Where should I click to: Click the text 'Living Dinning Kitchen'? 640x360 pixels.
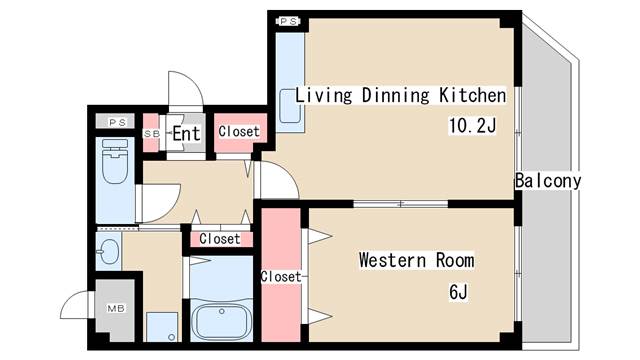click(x=400, y=96)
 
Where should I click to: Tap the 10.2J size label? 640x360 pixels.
click(x=472, y=126)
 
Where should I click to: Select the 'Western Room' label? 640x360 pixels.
click(x=417, y=261)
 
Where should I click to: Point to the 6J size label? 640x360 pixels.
click(x=458, y=292)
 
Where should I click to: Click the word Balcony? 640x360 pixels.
click(x=547, y=181)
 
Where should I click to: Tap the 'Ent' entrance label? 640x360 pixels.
click(x=186, y=133)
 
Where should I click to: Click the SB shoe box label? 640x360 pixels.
click(x=152, y=133)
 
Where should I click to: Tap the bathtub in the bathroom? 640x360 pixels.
click(x=221, y=320)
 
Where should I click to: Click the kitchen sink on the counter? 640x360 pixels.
click(x=289, y=107)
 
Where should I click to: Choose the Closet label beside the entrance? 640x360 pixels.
click(x=238, y=131)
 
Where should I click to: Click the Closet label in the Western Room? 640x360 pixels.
click(x=281, y=276)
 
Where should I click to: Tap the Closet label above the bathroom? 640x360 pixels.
click(x=219, y=239)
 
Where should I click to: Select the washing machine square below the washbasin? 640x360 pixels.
click(x=162, y=326)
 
